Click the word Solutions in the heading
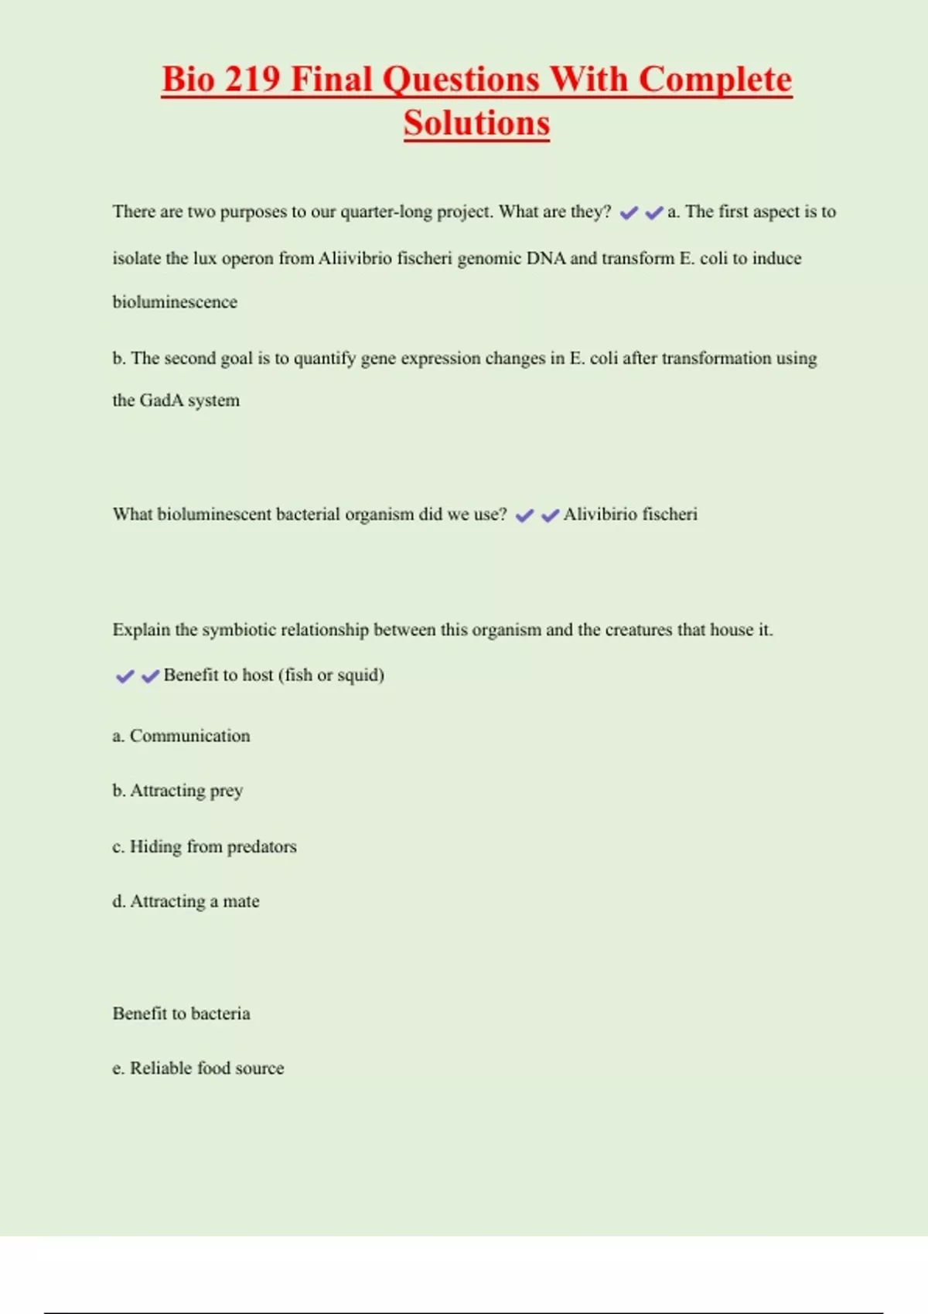point(476,124)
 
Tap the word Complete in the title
point(715,80)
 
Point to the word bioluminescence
point(175,302)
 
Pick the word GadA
point(161,400)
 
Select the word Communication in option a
point(189,736)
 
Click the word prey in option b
point(227,791)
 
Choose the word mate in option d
point(241,901)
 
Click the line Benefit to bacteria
point(181,1013)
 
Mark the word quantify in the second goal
point(325,359)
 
